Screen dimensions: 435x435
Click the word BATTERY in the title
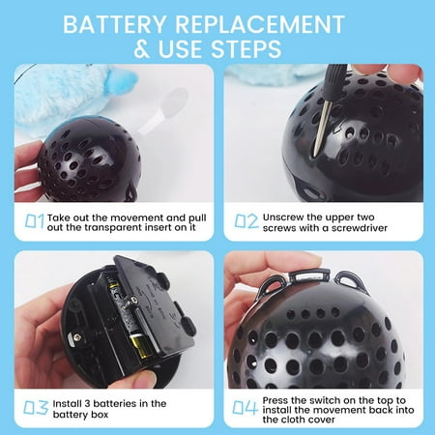tap(114, 24)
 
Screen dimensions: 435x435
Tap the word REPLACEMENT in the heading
tap(260, 24)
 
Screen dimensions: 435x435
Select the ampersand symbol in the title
tap(142, 49)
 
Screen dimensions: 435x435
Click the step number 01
tap(35, 221)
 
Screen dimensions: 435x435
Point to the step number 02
tap(246, 221)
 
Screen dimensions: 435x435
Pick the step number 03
tap(36, 408)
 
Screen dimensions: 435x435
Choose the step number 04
tap(246, 408)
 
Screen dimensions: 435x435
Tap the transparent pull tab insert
tap(164, 111)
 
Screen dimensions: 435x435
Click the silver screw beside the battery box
tap(76, 337)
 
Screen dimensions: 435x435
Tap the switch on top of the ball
tap(309, 275)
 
